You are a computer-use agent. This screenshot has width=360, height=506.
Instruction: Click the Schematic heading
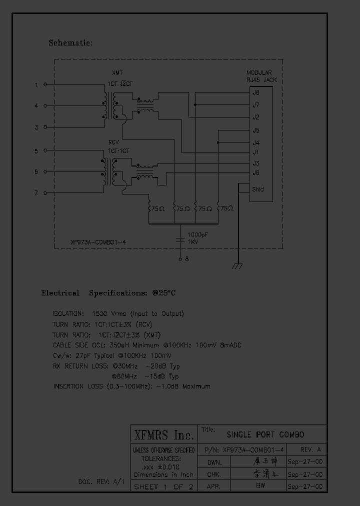[70, 43]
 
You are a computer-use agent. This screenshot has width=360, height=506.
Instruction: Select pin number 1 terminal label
[36, 85]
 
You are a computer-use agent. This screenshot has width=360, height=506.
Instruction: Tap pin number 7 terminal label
[36, 193]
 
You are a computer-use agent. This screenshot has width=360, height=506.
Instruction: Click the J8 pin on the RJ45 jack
[256, 92]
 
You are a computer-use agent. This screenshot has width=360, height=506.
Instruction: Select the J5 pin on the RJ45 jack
[256, 131]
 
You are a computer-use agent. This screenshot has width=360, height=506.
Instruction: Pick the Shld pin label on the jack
[258, 189]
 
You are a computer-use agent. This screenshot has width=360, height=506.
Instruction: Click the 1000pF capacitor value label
[198, 234]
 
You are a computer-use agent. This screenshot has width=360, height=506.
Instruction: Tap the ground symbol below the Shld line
[237, 266]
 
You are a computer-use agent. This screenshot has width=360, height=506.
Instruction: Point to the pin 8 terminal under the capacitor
[186, 259]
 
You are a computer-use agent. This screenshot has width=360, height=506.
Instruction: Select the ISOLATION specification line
[118, 314]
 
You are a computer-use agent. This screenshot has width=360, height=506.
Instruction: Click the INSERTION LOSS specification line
[131, 386]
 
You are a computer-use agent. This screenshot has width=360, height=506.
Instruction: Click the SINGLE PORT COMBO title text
[265, 434]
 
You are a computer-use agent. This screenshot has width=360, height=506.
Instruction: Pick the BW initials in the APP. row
[260, 485]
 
